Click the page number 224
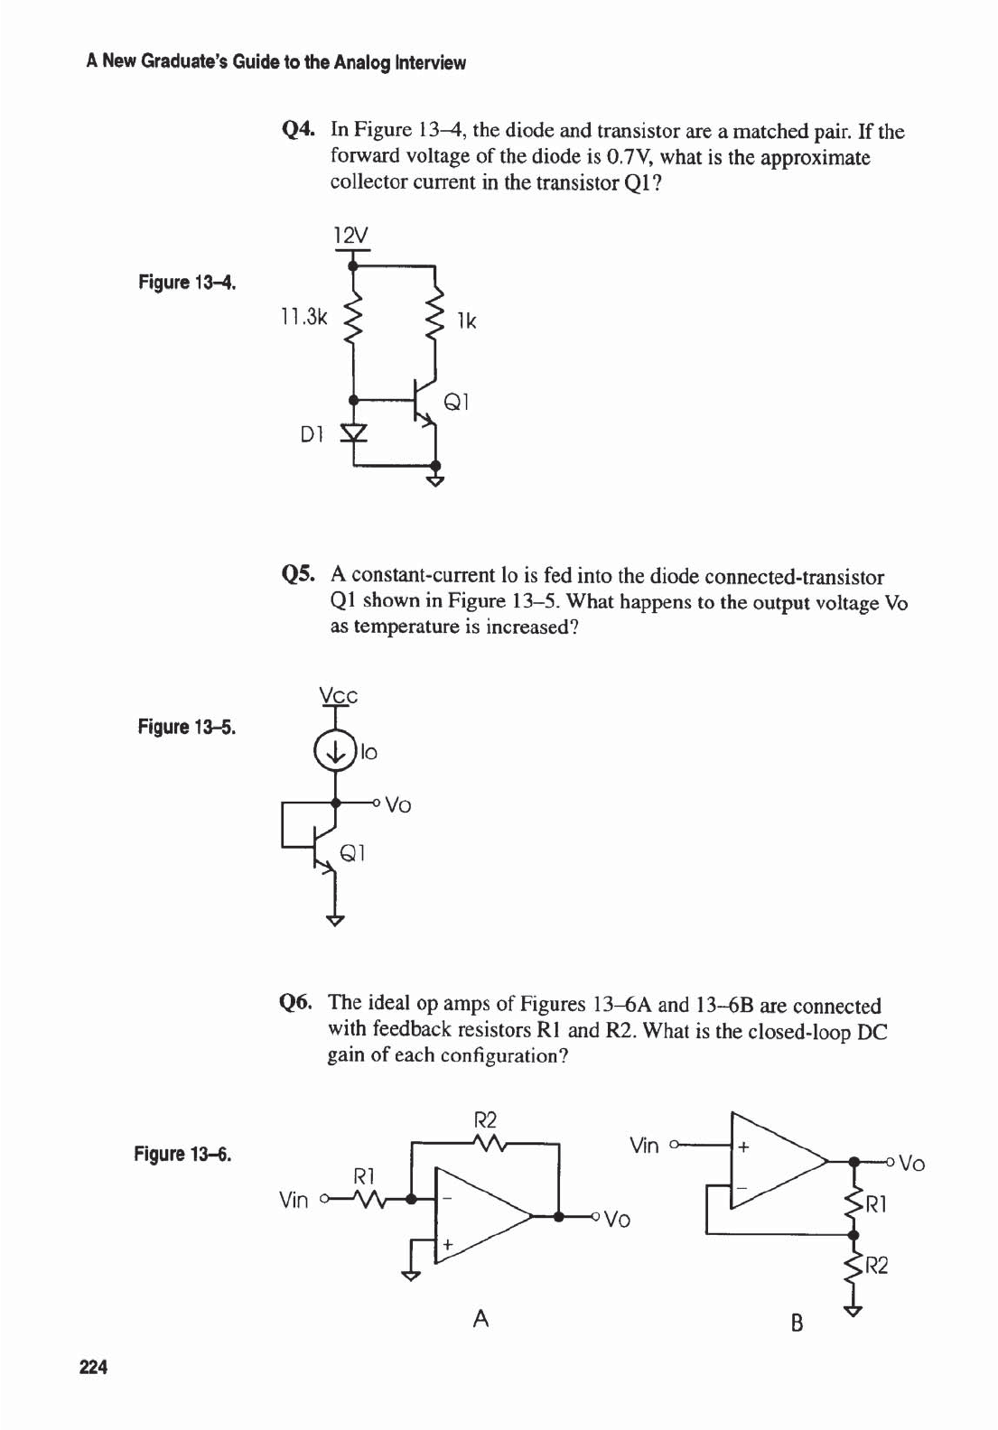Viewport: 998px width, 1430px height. point(94,1367)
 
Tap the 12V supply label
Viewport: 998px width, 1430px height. point(351,236)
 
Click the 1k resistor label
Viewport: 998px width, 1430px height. point(467,320)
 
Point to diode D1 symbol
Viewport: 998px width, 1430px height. point(354,434)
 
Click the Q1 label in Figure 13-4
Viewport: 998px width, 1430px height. point(456,402)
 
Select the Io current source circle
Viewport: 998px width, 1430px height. point(335,751)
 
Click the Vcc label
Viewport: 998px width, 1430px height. point(339,696)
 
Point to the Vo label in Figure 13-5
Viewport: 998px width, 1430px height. point(398,804)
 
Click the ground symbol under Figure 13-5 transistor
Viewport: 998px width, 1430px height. point(335,921)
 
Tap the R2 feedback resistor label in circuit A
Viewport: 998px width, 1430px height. point(486,1120)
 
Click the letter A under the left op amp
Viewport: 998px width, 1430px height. point(481,1319)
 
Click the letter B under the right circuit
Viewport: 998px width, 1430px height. point(797,1323)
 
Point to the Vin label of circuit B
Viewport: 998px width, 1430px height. point(644,1146)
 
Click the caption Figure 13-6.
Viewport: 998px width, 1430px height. point(182,1154)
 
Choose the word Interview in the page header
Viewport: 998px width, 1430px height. point(431,62)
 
